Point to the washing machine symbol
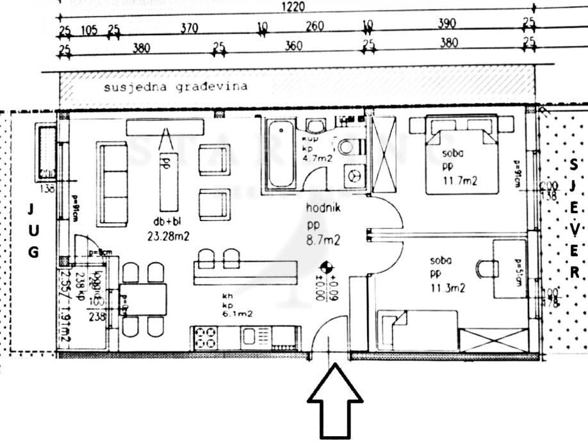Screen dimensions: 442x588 coord(354,174)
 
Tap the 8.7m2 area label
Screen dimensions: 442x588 coord(323,240)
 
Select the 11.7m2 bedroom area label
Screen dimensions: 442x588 coord(460,181)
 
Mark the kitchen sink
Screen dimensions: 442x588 coord(252,337)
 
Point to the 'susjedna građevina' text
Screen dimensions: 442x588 coord(176,87)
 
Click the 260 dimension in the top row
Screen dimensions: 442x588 coord(314,27)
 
